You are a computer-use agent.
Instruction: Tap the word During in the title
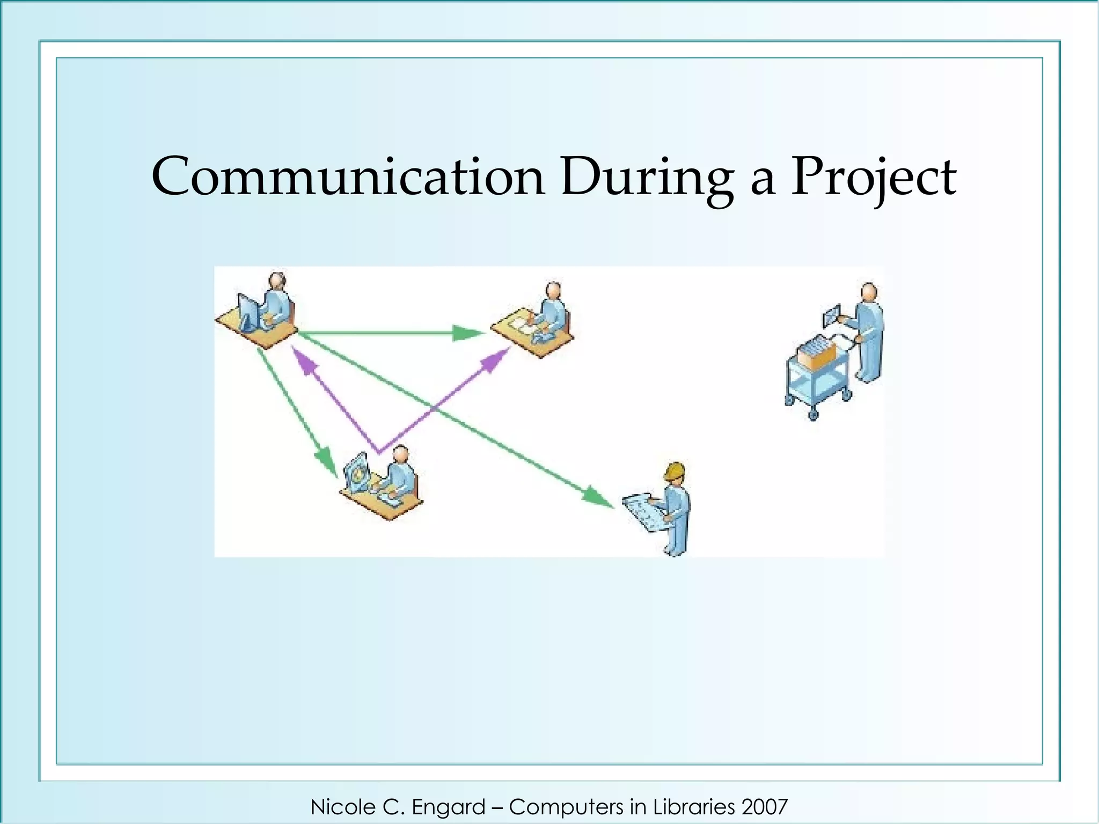coord(647,177)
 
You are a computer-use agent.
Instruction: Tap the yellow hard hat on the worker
coord(675,471)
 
